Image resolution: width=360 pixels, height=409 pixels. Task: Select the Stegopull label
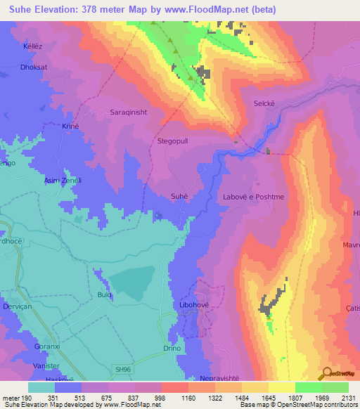click(x=173, y=141)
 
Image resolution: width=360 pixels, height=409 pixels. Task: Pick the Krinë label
click(x=71, y=126)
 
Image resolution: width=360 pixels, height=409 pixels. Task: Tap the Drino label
click(x=172, y=348)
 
